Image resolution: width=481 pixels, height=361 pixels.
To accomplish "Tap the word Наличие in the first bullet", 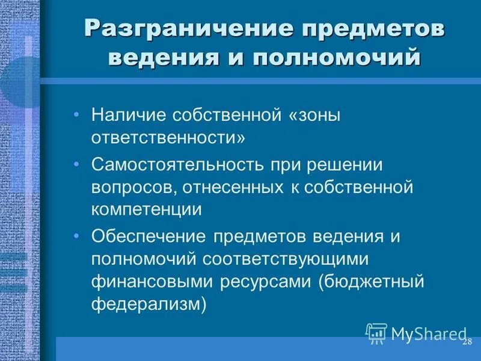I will pyautogui.click(x=127, y=114).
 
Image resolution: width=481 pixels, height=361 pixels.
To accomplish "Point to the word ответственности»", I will pyautogui.click(x=168, y=137).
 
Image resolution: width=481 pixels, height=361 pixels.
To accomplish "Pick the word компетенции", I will pyautogui.click(x=147, y=210).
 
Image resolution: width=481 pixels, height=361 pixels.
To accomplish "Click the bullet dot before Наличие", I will pyautogui.click(x=77, y=114).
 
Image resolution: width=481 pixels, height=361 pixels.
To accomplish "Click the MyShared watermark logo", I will pyautogui.click(x=416, y=333).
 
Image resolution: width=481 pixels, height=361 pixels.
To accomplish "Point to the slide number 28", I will pyautogui.click(x=467, y=342).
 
